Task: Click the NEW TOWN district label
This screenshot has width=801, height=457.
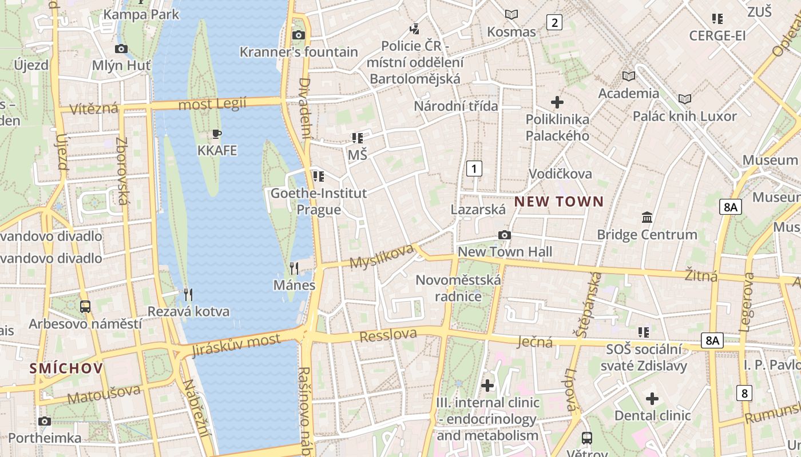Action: pyautogui.click(x=558, y=201)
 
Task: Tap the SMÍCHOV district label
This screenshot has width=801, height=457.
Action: pyautogui.click(x=66, y=368)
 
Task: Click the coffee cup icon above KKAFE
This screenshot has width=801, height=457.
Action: pyautogui.click(x=217, y=134)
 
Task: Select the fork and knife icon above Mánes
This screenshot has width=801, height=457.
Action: pyautogui.click(x=294, y=268)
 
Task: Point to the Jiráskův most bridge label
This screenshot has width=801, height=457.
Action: pyautogui.click(x=236, y=345)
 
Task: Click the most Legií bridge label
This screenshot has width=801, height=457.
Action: pyautogui.click(x=212, y=104)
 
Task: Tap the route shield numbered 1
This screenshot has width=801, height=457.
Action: pyautogui.click(x=474, y=169)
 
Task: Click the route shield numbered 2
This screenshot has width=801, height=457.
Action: pyautogui.click(x=554, y=22)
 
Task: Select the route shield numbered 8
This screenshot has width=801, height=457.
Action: pyautogui.click(x=744, y=393)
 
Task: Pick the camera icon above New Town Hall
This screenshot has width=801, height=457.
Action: pyautogui.click(x=505, y=235)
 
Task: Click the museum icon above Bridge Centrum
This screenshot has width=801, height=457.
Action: pyautogui.click(x=647, y=218)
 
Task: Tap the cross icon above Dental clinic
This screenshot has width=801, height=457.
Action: pyautogui.click(x=652, y=399)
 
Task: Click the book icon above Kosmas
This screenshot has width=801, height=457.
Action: pyautogui.click(x=511, y=14)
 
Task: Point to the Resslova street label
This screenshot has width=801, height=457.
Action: pyautogui.click(x=388, y=335)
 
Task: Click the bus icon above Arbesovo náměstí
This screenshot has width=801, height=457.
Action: pyautogui.click(x=85, y=307)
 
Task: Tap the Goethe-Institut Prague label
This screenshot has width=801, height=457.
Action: pyautogui.click(x=319, y=201)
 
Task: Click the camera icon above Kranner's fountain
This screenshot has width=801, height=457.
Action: pyautogui.click(x=298, y=35)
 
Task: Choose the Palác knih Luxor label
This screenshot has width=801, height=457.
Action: pyautogui.click(x=684, y=116)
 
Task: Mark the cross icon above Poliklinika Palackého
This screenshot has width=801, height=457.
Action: pyautogui.click(x=557, y=102)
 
